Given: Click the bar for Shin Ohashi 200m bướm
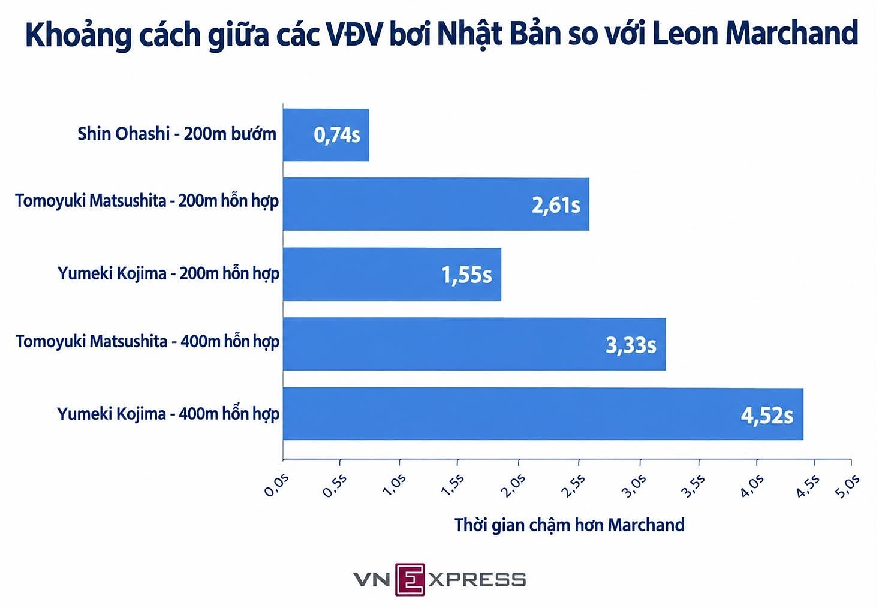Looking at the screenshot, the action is click(x=326, y=135).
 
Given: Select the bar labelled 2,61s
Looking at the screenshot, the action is click(x=436, y=204).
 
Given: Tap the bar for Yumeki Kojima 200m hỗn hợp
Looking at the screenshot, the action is click(x=392, y=274).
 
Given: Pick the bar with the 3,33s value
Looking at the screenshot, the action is click(x=474, y=344).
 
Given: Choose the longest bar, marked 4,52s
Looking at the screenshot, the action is click(x=543, y=414).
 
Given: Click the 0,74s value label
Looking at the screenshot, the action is click(x=337, y=136).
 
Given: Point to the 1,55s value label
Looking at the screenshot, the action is click(x=466, y=275).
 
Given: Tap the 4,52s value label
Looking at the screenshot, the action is click(x=767, y=416).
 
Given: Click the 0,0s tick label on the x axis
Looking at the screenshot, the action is click(x=276, y=485).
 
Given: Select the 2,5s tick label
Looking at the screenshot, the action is click(x=573, y=485).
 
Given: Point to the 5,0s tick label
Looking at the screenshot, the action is click(x=847, y=485).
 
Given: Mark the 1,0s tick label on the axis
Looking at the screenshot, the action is click(x=394, y=485).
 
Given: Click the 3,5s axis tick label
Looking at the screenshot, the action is click(x=693, y=485).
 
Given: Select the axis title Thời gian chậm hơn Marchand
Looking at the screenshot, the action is click(x=570, y=525).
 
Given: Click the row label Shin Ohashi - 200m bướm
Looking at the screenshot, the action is click(x=177, y=134).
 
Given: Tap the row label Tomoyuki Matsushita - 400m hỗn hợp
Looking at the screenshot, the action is click(x=147, y=342).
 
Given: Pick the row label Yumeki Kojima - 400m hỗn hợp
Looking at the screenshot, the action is click(x=168, y=414).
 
